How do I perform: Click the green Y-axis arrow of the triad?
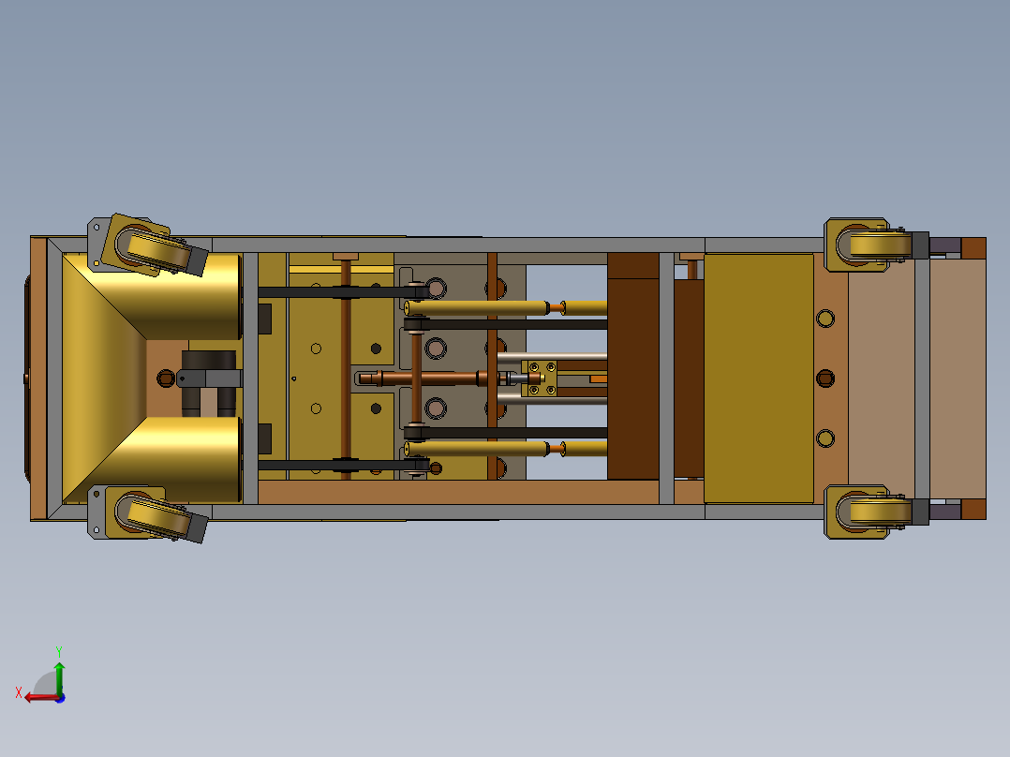pyautogui.click(x=59, y=671)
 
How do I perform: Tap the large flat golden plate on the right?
pyautogui.click(x=758, y=378)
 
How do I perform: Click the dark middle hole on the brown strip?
pyautogui.click(x=824, y=378)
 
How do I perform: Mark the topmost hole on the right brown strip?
pyautogui.click(x=824, y=319)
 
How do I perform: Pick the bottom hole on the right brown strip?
pyautogui.click(x=824, y=438)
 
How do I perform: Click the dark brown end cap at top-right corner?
pyautogui.click(x=973, y=247)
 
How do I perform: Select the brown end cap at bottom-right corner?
pyautogui.click(x=973, y=509)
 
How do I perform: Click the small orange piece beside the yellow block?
pyautogui.click(x=598, y=378)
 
